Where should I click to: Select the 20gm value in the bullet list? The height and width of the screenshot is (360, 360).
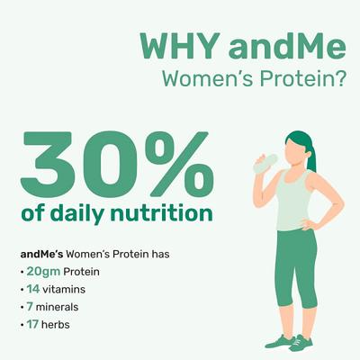pyautogui.click(x=42, y=271)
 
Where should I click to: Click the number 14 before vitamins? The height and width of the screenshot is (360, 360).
pyautogui.click(x=34, y=289)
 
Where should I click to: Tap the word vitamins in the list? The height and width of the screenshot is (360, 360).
pyautogui.click(x=67, y=289)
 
